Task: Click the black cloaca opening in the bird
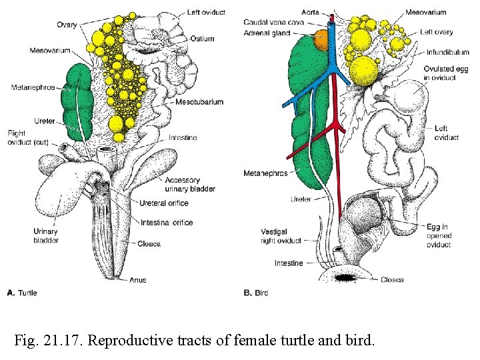347,277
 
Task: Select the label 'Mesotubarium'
199,102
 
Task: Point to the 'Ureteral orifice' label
164,203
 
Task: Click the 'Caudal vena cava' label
273,22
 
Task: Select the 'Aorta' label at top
310,13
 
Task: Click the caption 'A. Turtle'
22,293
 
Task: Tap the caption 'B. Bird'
257,293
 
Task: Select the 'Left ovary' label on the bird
437,32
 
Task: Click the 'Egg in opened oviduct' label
439,235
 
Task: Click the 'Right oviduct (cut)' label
24,137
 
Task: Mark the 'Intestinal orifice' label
167,223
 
